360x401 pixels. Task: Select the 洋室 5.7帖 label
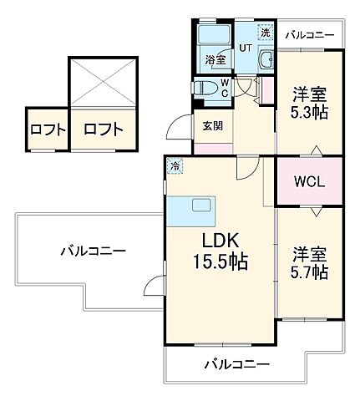pos(309,261)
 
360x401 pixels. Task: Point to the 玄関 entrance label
pos(212,126)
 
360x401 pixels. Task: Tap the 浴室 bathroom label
pos(215,60)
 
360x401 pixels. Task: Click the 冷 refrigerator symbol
pos(175,165)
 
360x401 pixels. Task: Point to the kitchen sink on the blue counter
pos(203,206)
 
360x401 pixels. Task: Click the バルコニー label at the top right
pos(309,35)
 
